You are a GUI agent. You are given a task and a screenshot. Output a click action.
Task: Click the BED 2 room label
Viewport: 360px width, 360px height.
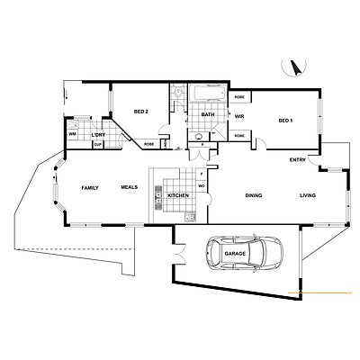[x=140, y=111]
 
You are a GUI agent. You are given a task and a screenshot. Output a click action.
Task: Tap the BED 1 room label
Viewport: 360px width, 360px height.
[x=285, y=120]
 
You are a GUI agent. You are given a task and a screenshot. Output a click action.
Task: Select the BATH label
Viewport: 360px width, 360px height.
[x=208, y=114]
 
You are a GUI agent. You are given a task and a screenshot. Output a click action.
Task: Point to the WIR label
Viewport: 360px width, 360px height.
[x=240, y=116]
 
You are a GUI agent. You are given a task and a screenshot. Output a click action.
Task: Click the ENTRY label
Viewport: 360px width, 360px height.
[x=297, y=160]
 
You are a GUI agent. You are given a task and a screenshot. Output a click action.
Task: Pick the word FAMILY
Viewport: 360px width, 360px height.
[x=90, y=187]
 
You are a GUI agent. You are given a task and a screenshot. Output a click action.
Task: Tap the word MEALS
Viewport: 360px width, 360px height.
[x=130, y=187]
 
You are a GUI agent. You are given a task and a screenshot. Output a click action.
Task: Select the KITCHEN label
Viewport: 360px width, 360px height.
[x=177, y=195]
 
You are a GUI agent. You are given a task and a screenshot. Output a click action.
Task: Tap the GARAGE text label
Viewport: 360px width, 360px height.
[x=235, y=255]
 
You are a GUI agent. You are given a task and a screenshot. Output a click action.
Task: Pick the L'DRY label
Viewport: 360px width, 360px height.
[x=98, y=135]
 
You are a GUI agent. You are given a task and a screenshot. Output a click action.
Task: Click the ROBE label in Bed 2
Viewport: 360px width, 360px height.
[x=149, y=143]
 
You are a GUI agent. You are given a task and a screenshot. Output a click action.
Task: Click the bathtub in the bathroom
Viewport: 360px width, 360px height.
[x=209, y=93]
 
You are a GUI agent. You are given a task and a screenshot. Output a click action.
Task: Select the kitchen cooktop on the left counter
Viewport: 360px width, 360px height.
[x=156, y=189]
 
